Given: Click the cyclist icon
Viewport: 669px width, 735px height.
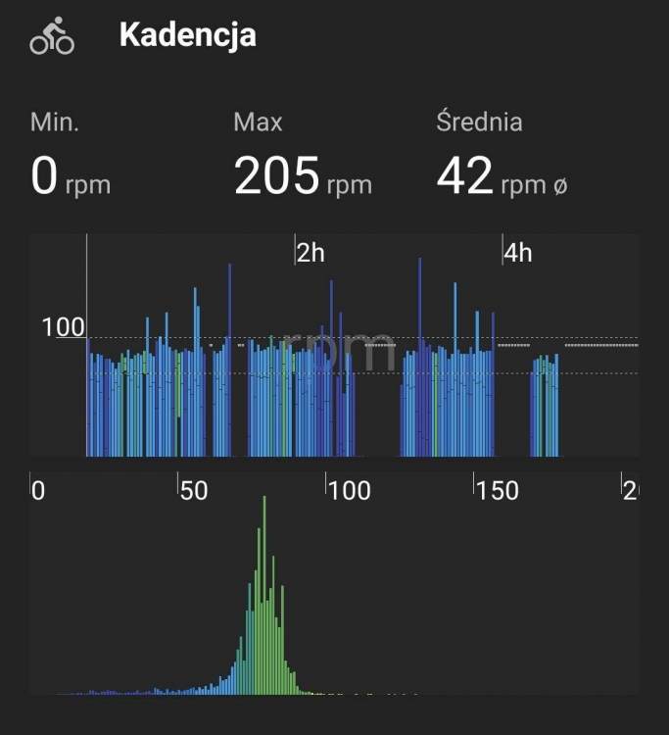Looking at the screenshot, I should click(52, 36).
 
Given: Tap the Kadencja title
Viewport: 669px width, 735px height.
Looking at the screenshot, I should click(187, 35).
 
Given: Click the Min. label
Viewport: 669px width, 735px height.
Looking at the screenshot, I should click(55, 122).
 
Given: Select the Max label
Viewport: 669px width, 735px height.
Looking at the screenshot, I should click(258, 122).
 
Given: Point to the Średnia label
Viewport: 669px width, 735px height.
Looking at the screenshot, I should click(479, 122).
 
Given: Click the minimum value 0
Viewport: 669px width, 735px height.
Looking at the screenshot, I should click(45, 177).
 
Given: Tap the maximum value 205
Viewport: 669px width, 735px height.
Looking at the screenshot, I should click(277, 177).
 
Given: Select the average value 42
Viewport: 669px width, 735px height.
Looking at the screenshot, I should click(464, 177).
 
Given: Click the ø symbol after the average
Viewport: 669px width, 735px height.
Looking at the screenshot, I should click(560, 185).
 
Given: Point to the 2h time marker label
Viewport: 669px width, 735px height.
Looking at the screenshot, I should click(311, 253).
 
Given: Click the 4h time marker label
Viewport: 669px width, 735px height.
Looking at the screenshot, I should click(518, 253).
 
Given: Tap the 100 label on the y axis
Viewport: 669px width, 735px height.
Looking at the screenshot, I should click(64, 327).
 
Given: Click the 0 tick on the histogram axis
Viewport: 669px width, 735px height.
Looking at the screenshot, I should click(38, 490).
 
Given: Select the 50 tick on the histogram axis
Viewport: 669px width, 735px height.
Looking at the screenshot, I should click(193, 490).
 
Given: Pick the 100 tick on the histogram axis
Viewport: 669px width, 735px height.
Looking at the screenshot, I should click(349, 490).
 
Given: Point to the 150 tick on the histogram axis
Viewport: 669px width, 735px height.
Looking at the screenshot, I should click(498, 490).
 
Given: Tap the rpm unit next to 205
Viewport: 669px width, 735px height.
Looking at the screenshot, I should click(349, 185).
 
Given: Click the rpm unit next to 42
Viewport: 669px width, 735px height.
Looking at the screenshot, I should click(523, 185).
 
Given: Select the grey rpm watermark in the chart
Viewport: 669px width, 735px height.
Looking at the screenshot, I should click(338, 351).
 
